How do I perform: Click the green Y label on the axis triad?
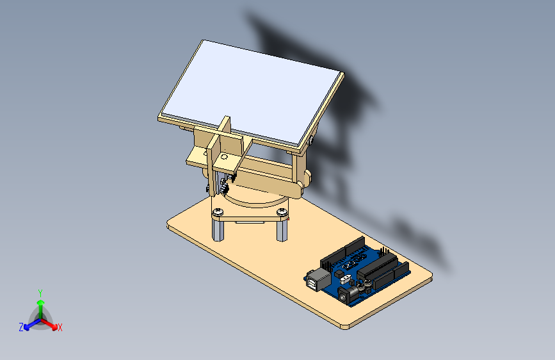(x=40, y=292)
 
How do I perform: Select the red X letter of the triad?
(x=60, y=327)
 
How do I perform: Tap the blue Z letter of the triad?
(x=21, y=327)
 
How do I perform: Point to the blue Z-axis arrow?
(x=29, y=323)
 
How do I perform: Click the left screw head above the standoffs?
(x=219, y=211)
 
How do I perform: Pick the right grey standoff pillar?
(x=282, y=229)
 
